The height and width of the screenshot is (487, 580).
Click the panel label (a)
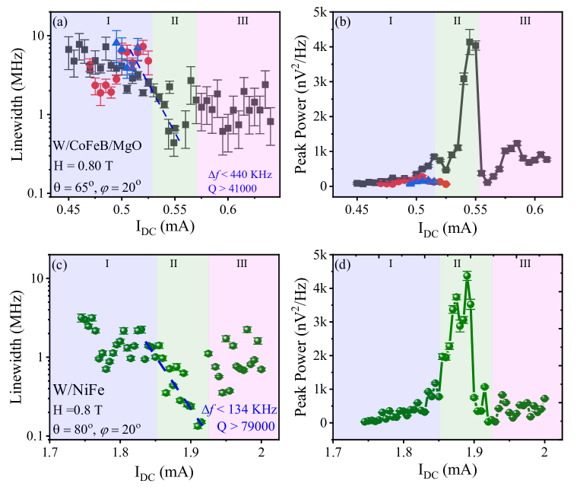(61, 21)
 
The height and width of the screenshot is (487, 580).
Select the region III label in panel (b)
(525, 21)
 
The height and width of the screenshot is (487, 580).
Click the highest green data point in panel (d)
(467, 275)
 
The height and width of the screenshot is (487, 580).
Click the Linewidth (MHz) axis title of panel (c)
(17, 352)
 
